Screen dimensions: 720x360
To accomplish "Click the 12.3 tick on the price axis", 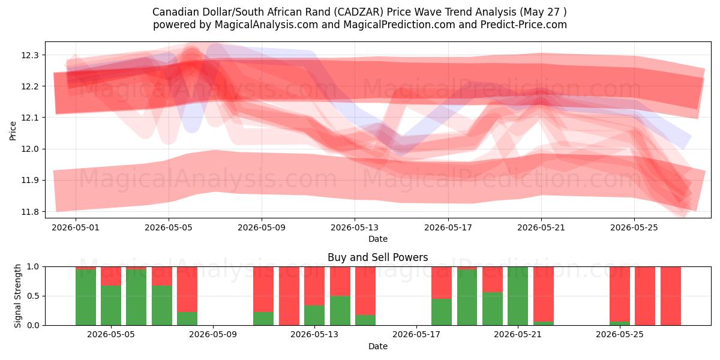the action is pos(29,55).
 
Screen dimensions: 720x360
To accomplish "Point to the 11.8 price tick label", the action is pos(29,212).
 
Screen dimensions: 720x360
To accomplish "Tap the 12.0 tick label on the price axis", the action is pos(29,149).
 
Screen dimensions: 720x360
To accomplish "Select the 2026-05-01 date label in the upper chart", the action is pos(76,227).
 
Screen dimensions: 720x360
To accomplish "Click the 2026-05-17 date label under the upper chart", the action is pos(448,227).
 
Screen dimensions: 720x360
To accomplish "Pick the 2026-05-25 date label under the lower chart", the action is pos(620,335).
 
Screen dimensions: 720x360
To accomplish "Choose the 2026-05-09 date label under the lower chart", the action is pos(213,335).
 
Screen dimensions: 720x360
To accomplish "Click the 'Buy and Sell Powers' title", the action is pos(377,257).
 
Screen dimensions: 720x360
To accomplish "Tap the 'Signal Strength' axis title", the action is pos(17,296).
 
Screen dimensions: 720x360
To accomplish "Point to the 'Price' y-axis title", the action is pos(13,131).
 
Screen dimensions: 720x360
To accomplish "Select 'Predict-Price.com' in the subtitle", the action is pos(524,25).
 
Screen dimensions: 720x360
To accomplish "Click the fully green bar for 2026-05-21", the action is pos(518,296).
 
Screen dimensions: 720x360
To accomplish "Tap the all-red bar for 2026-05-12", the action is pos(289,296).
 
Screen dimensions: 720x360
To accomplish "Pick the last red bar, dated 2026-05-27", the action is pos(671,296).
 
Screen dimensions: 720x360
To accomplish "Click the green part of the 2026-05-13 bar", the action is pos(314,316).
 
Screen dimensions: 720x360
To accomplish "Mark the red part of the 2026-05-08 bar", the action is pos(187,289).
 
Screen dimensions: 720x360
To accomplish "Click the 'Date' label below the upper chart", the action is pos(377,239).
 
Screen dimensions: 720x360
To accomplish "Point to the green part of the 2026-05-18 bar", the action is pos(442,312).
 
